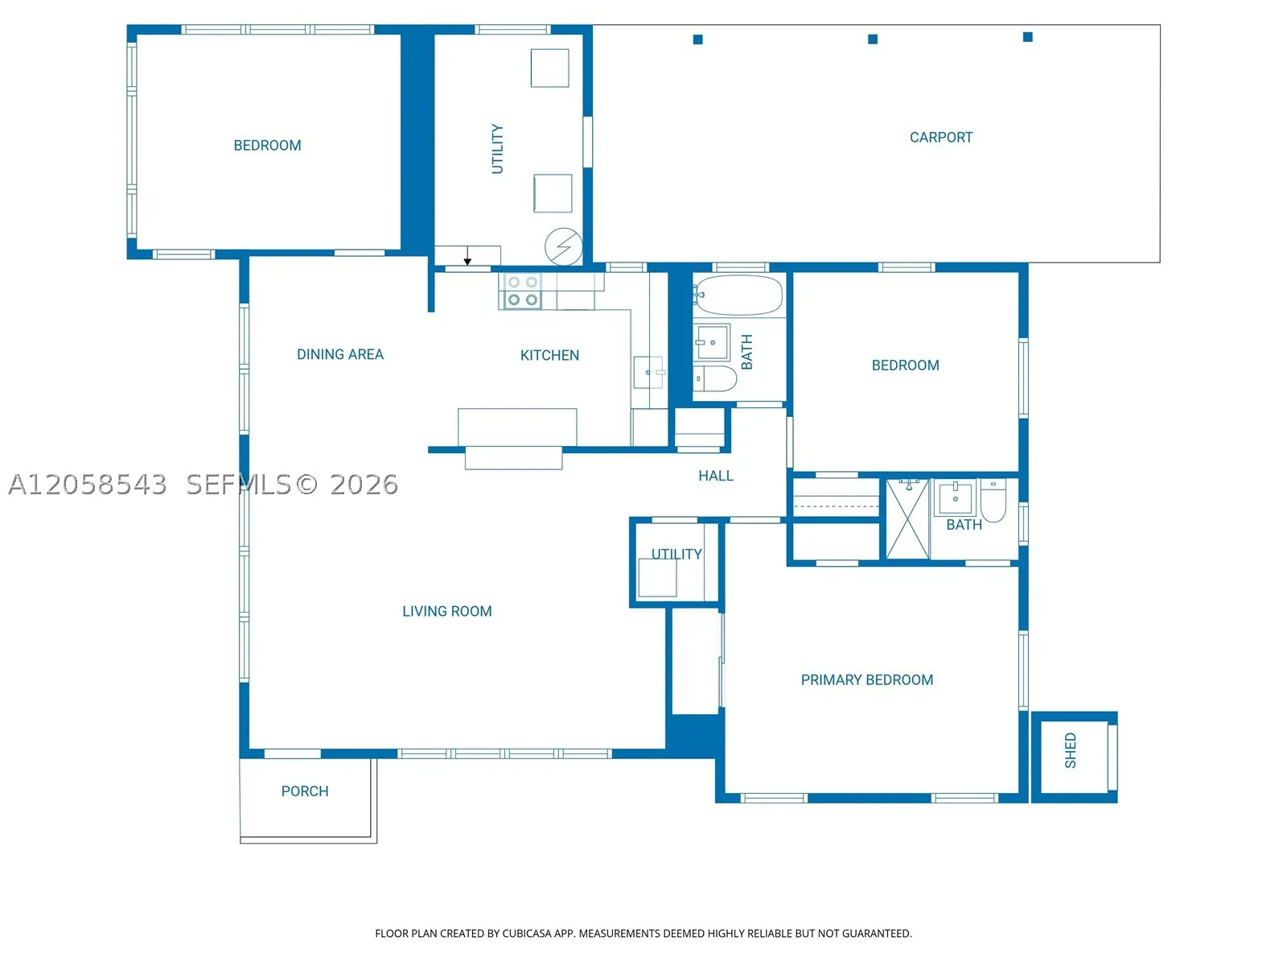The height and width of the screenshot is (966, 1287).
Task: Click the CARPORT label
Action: (x=940, y=137)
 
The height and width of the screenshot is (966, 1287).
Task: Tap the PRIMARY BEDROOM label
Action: (x=866, y=679)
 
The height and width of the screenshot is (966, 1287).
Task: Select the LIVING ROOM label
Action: (x=446, y=611)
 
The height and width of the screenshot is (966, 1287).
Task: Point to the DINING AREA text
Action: (x=340, y=354)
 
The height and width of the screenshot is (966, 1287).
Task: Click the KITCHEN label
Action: (x=549, y=355)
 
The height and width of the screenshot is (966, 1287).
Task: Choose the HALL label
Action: (x=716, y=476)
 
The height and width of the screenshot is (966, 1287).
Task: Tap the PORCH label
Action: (x=305, y=791)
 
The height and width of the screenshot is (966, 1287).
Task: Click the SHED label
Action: (x=1070, y=750)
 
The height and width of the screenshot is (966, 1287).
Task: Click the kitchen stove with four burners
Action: (x=522, y=291)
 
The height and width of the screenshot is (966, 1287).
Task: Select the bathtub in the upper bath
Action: (x=738, y=295)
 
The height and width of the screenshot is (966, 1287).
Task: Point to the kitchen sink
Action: (x=648, y=372)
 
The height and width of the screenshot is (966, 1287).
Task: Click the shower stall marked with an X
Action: (x=907, y=519)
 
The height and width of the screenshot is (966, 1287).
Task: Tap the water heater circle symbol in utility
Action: (x=564, y=247)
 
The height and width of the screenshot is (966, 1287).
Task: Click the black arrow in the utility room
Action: (x=467, y=256)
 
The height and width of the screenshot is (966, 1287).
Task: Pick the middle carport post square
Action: (x=873, y=39)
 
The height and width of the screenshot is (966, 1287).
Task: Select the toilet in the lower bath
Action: (x=993, y=500)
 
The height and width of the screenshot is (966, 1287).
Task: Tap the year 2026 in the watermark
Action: (x=364, y=485)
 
